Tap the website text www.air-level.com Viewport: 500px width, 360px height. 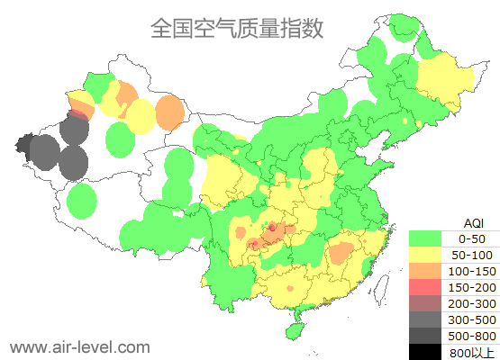[x=79, y=346]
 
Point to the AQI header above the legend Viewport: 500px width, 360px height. [x=473, y=222]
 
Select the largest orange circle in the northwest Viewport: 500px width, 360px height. [x=169, y=112]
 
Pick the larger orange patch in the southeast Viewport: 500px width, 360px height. [x=341, y=252]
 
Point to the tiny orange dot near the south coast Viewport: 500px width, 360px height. [x=290, y=288]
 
